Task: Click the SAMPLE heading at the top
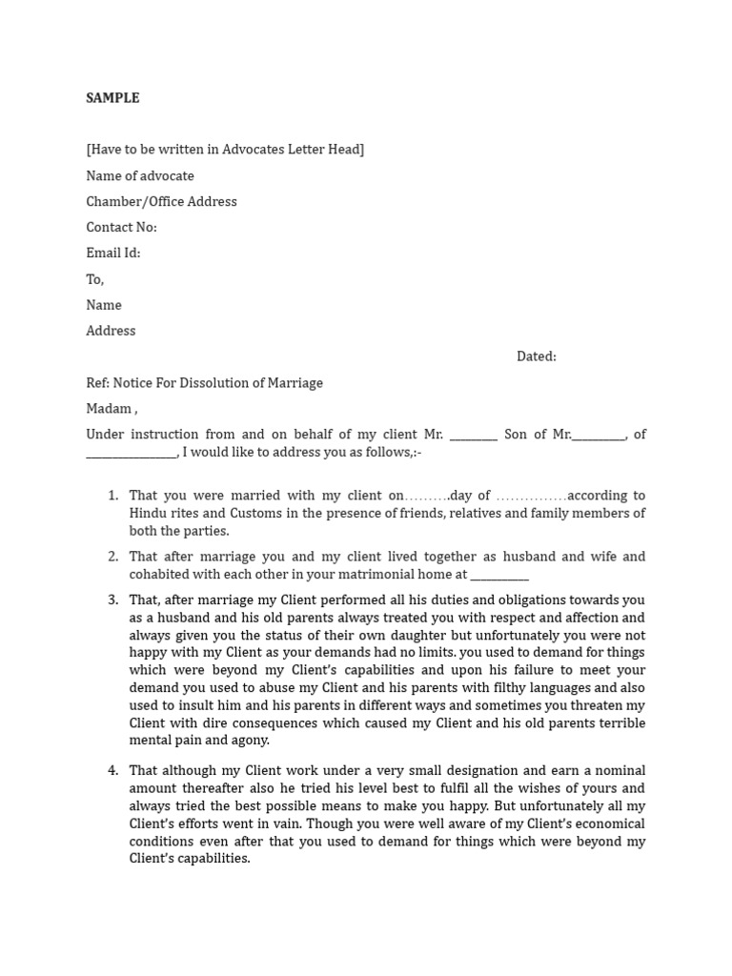point(112,98)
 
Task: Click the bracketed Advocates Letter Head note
point(225,150)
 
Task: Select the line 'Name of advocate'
point(140,175)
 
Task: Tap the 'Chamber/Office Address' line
point(161,201)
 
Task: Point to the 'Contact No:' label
point(121,227)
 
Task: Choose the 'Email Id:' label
point(112,253)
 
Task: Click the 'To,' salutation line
point(95,279)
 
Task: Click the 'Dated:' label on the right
point(536,356)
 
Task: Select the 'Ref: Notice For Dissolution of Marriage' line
point(204,383)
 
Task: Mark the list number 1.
point(112,496)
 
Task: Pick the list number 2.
point(112,557)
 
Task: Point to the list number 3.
point(112,600)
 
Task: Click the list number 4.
point(112,771)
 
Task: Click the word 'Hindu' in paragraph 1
point(149,514)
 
